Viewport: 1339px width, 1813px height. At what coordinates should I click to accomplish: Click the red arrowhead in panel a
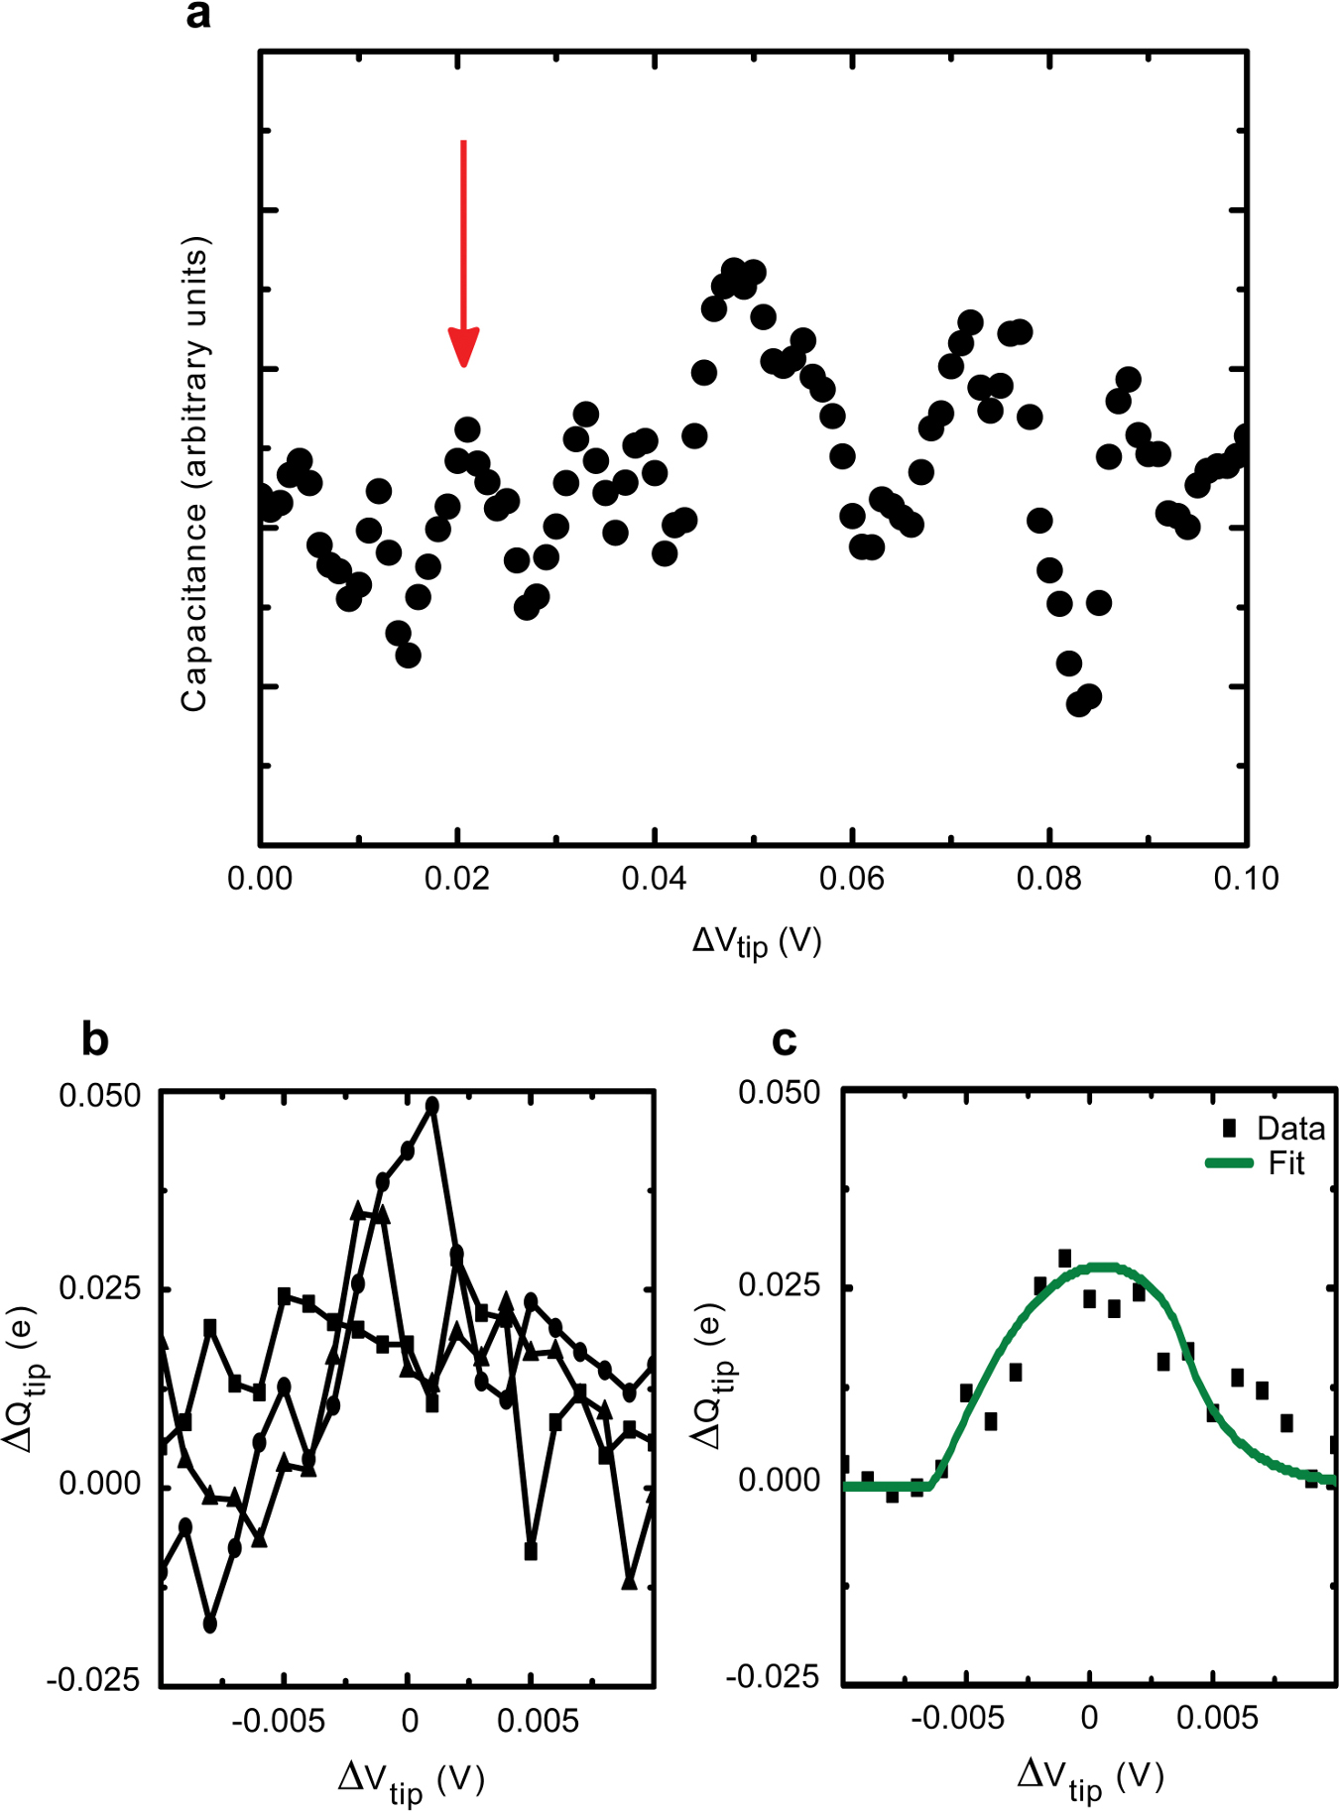point(463,347)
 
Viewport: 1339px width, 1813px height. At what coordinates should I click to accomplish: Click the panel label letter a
point(198,15)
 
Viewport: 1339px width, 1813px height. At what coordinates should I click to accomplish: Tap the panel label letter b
point(94,1039)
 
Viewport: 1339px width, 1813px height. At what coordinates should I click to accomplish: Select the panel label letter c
point(784,1039)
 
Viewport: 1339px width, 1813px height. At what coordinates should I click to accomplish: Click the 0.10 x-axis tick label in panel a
point(1246,878)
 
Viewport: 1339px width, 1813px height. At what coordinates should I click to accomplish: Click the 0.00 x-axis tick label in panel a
point(260,878)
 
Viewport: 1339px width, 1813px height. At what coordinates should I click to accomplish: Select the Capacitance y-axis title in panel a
point(194,474)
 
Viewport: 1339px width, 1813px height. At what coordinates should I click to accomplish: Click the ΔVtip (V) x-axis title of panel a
point(756,941)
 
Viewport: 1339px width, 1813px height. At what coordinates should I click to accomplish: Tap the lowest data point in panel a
point(1078,704)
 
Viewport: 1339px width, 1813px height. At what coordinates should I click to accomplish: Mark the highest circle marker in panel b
point(431,1106)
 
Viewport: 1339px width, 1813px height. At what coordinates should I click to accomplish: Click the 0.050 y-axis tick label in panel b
point(100,1096)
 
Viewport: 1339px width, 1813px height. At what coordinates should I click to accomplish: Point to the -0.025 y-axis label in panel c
point(773,1677)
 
